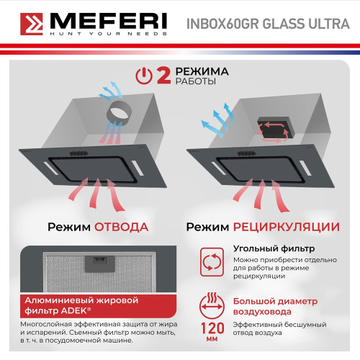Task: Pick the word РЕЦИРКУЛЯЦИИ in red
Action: tap(286, 227)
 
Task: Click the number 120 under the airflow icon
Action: tap(210, 330)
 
